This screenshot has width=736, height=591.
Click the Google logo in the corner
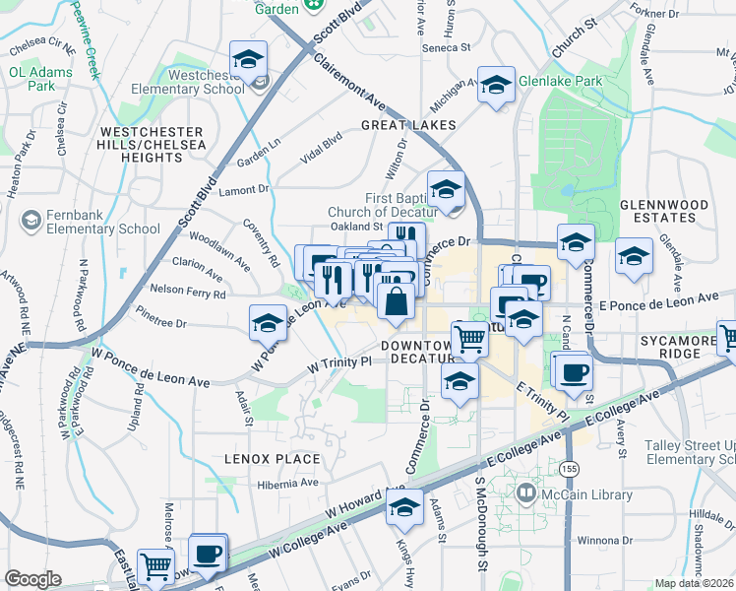coord(32,579)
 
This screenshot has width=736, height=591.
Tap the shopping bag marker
coord(395,300)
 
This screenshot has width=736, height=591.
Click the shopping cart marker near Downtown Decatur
coord(469,339)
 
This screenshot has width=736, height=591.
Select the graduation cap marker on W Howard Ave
coord(403,507)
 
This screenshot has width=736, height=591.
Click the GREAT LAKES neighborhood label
coord(408,125)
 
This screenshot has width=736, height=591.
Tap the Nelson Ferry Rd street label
coord(187,293)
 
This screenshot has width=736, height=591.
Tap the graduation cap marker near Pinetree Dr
coord(268,321)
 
